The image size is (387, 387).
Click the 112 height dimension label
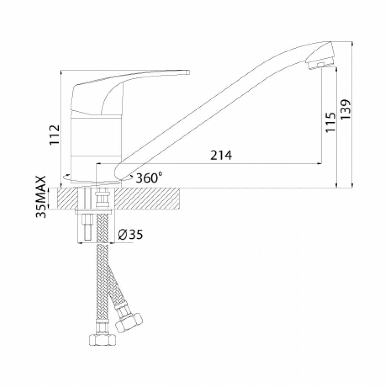(55, 134)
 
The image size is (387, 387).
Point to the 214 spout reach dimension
(221, 155)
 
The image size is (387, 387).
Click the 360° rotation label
(149, 178)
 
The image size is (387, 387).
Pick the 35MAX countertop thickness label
(41, 197)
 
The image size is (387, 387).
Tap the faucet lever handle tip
(188, 72)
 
